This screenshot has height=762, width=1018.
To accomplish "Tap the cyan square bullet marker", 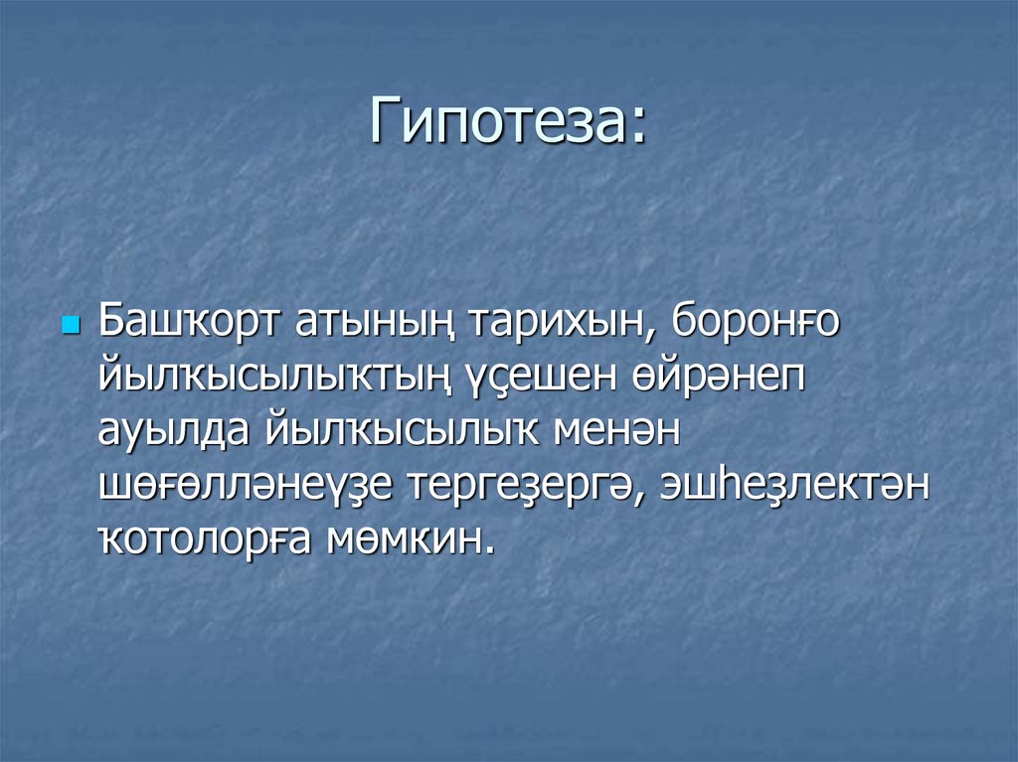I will [69, 327].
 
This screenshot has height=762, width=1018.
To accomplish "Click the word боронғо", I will [757, 323].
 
